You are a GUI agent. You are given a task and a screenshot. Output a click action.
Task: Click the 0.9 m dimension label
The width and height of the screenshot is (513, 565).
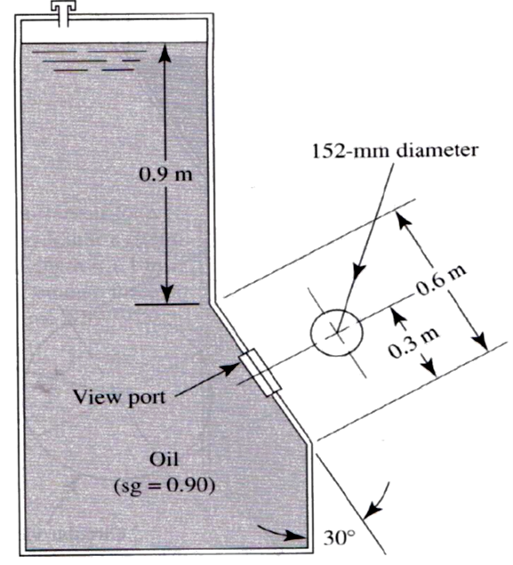(166, 174)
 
